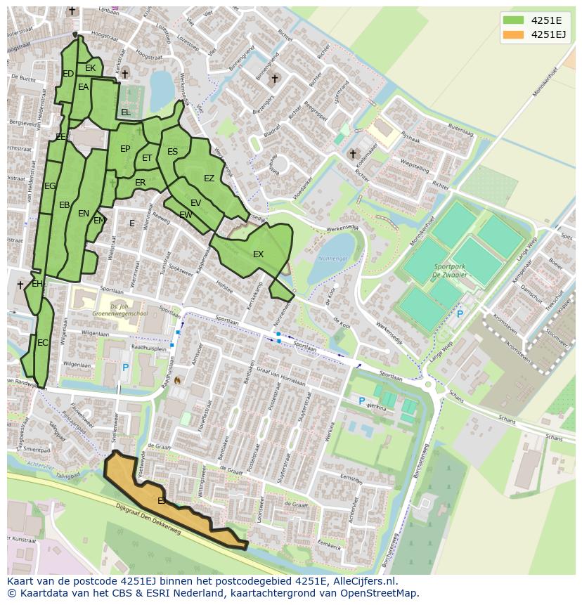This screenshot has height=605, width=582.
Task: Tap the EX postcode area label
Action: point(258,254)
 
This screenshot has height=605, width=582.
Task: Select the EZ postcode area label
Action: point(209,178)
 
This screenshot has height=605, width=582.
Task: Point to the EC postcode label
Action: point(43,343)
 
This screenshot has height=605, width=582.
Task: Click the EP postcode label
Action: point(125,149)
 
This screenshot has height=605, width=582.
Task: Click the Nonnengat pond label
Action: point(333,259)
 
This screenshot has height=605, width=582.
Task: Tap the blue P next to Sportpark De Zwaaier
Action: point(460,314)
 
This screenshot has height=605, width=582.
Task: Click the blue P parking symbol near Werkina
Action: point(362,401)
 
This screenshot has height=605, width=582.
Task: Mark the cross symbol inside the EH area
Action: point(20,285)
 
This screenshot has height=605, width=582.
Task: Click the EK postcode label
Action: point(90,68)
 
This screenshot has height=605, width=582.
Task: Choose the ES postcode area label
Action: point(172,152)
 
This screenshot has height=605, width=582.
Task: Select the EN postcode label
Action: point(84,214)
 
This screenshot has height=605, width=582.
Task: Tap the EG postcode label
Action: point(50,186)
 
